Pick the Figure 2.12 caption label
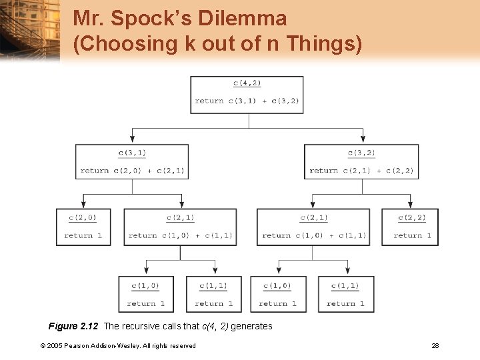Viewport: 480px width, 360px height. (73, 326)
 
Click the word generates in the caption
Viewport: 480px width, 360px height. (251, 326)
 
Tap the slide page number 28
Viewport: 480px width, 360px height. (435, 345)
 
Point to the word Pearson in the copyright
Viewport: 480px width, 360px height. (77, 345)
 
